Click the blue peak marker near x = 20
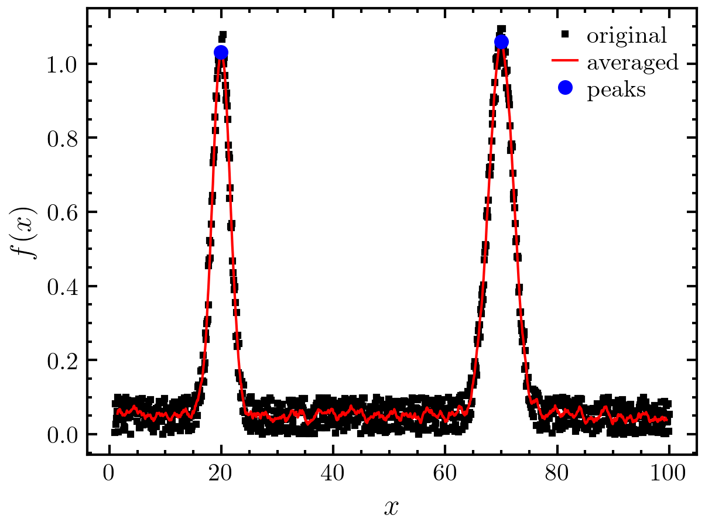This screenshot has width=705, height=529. (x=221, y=53)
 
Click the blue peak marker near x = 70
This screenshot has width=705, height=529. (x=501, y=42)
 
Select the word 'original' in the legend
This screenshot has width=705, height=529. (x=627, y=36)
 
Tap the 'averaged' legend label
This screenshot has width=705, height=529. (x=632, y=62)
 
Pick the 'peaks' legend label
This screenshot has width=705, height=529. (x=616, y=90)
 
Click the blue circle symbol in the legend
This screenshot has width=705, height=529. (x=565, y=88)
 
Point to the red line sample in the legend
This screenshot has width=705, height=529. (x=565, y=61)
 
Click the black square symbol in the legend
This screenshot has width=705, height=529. (x=565, y=35)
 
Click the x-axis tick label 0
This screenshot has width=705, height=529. (x=109, y=474)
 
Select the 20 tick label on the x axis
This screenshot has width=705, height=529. (x=221, y=474)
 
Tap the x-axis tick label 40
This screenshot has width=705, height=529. (x=333, y=474)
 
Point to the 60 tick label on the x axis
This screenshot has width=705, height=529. (x=445, y=474)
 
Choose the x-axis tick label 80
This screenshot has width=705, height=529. (x=557, y=474)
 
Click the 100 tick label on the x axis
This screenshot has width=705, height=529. (x=669, y=474)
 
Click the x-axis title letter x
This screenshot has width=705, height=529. (x=391, y=507)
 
